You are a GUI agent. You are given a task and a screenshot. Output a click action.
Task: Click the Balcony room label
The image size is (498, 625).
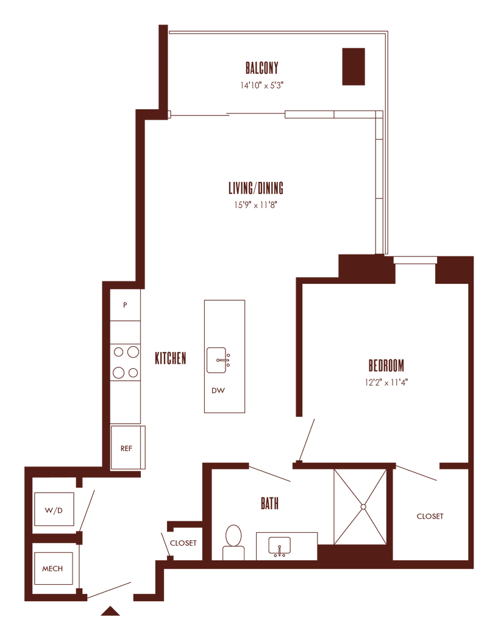(262, 66)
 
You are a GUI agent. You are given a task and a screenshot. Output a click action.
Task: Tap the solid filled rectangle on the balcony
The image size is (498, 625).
(354, 67)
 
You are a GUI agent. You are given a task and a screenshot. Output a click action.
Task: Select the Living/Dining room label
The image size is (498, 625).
(256, 187)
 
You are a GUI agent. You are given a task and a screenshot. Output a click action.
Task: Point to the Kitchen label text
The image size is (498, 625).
(170, 358)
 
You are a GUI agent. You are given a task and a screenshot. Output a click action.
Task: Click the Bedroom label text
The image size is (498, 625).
(386, 365)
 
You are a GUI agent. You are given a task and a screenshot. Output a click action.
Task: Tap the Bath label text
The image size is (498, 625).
(269, 504)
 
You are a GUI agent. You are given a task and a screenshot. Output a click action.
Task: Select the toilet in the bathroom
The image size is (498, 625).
(233, 540)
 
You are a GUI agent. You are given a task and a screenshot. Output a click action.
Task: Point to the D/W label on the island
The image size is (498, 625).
(218, 390)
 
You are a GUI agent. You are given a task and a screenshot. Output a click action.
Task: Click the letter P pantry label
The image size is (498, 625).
(126, 305)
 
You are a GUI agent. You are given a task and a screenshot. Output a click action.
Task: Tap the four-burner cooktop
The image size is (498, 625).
(125, 361)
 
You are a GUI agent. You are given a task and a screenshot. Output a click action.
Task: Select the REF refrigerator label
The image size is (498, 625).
(126, 448)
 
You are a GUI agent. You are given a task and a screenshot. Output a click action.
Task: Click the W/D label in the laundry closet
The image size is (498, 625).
(53, 510)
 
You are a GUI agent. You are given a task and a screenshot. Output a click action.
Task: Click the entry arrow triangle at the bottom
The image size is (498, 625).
(110, 610)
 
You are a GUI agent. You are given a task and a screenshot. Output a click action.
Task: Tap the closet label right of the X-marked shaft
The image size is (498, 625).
(429, 516)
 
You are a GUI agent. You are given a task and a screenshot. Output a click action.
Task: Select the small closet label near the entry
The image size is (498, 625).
(183, 543)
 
